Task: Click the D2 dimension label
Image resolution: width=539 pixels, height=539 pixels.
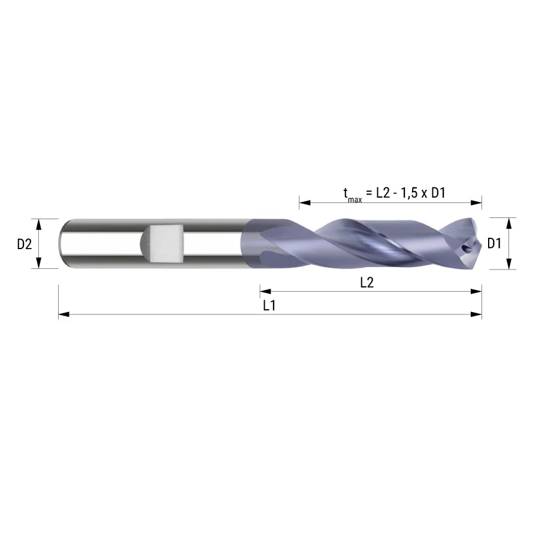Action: coord(25,244)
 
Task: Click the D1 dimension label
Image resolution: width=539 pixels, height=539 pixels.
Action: coord(494,243)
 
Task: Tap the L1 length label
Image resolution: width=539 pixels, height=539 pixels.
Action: coord(269,305)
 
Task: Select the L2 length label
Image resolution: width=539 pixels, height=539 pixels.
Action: coord(367,283)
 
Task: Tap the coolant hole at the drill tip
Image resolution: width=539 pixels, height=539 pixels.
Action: coord(466,248)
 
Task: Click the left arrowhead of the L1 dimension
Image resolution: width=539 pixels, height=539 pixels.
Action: coord(64,314)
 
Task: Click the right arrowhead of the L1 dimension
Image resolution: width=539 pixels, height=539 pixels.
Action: coord(476,314)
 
